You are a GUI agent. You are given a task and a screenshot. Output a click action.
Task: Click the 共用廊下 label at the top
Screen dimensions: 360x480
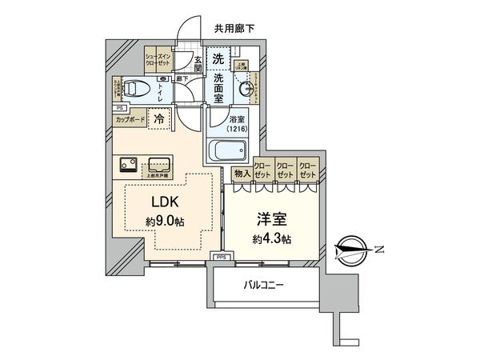coord(234,29)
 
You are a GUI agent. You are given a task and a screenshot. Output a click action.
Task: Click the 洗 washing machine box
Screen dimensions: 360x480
coord(218,58)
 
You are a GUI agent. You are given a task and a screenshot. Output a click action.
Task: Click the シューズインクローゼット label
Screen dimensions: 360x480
coord(155,58)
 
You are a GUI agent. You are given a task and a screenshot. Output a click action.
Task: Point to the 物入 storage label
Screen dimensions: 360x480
coord(240,174)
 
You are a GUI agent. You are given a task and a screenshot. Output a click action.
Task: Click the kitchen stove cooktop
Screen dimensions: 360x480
coord(129,165)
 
